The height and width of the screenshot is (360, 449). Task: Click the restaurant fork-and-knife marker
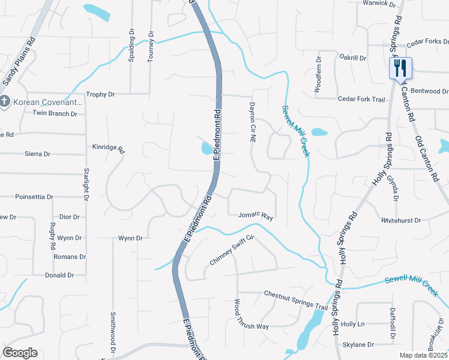pos(400,68)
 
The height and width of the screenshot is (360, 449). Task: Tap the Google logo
pos(20,353)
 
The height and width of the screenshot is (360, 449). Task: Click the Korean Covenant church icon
pos(4,101)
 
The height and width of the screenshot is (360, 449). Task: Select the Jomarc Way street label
pos(256,215)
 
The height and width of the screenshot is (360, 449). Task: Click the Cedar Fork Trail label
pos(361,100)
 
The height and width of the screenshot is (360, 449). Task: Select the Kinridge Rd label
pos(107,148)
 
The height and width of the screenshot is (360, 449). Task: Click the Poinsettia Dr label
pos(34,196)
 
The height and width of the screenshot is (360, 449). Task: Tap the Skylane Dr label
pos(358,345)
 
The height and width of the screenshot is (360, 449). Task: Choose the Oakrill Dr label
pos(352,58)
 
